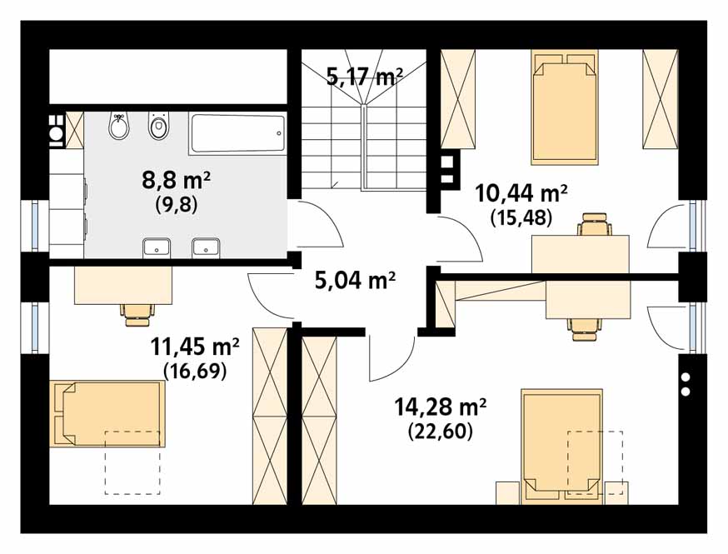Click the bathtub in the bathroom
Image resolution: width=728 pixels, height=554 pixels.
point(237,134)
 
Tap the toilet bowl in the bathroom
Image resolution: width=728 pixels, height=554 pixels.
point(159,126)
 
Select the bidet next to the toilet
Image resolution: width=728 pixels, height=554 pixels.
point(119,126)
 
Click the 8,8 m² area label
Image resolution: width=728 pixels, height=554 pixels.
point(177,180)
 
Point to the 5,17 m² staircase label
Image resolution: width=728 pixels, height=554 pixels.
point(365,77)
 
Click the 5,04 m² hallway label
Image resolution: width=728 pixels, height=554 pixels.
point(355,280)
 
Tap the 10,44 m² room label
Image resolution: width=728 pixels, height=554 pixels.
point(521,193)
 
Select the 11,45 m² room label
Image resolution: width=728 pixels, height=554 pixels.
point(195,347)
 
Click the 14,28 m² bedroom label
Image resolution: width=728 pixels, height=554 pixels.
point(440,407)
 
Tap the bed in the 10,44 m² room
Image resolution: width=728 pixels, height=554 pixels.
point(565,107)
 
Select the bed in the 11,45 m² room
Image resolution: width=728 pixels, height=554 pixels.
point(107,414)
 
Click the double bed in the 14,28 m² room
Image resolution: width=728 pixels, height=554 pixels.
point(561,447)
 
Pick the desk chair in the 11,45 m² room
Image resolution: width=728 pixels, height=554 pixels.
point(137,314)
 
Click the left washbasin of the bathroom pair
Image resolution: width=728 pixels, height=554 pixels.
point(157,247)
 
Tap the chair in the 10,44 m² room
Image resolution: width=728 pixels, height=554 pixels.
point(595,224)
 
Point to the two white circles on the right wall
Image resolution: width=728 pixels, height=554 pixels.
point(686,384)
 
